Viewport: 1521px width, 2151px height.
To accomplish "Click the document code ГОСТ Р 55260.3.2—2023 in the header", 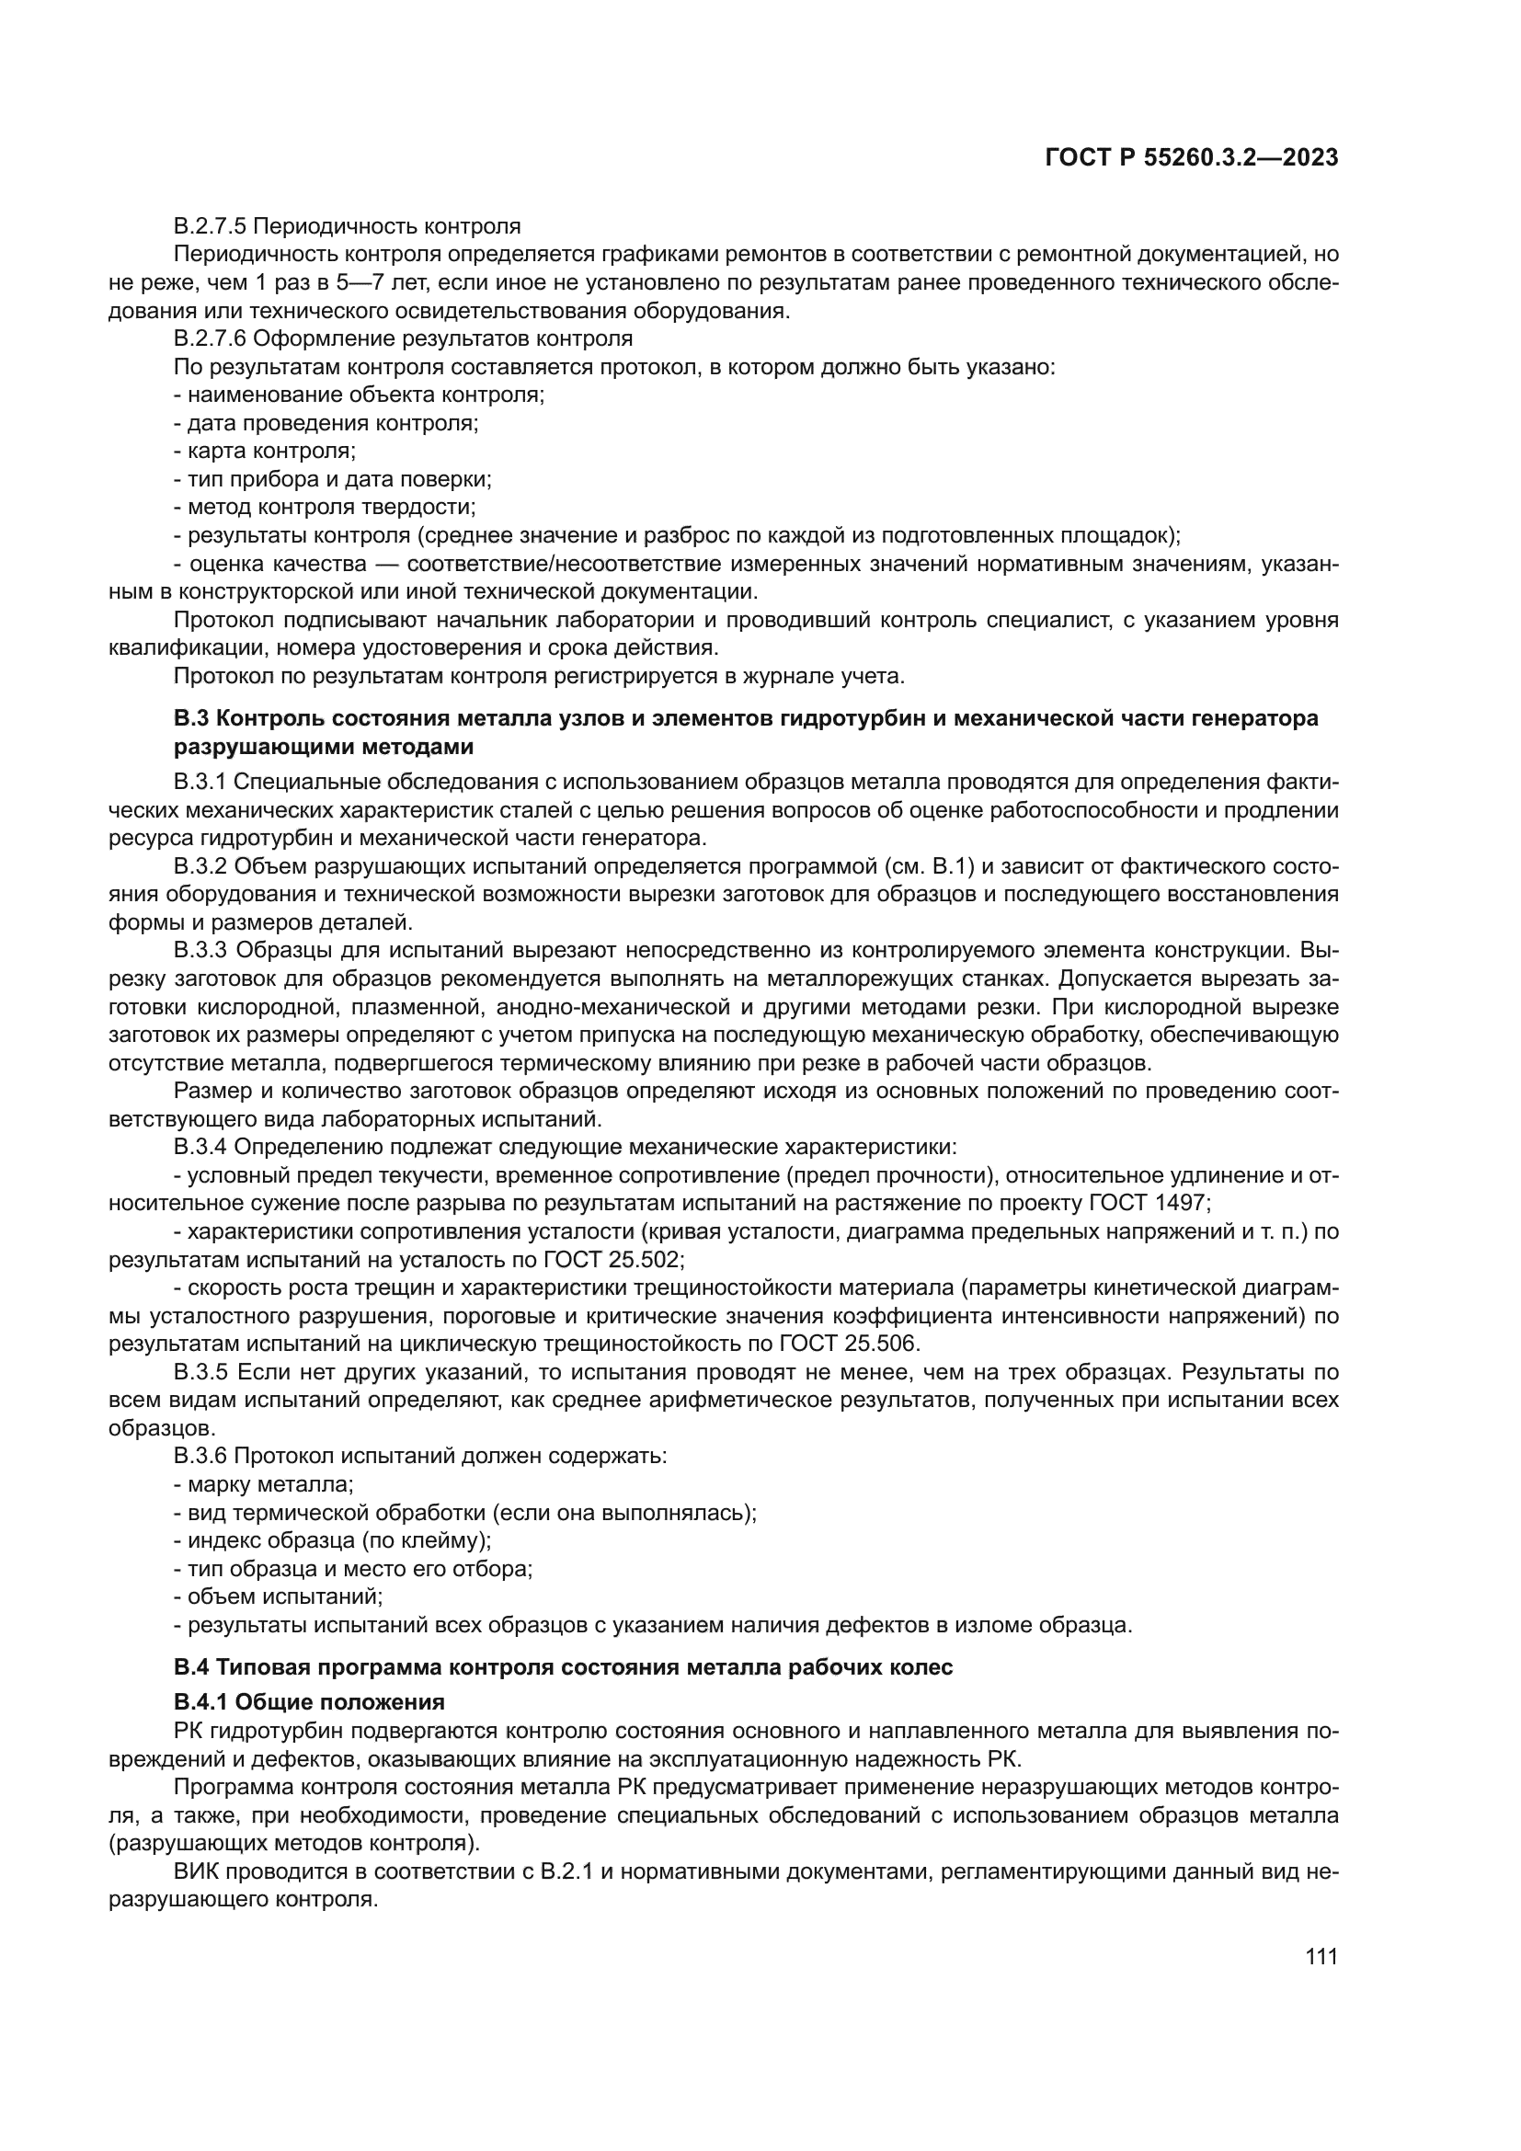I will pyautogui.click(x=1190, y=158).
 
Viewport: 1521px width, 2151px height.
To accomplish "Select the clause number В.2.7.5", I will pyautogui.click(x=210, y=226).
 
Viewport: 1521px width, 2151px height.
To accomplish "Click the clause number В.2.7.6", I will pyautogui.click(x=210, y=338).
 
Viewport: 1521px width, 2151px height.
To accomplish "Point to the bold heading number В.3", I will pyautogui.click(x=192, y=718).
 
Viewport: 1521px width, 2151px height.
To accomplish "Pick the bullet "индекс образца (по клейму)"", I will pyautogui.click(x=333, y=1540).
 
